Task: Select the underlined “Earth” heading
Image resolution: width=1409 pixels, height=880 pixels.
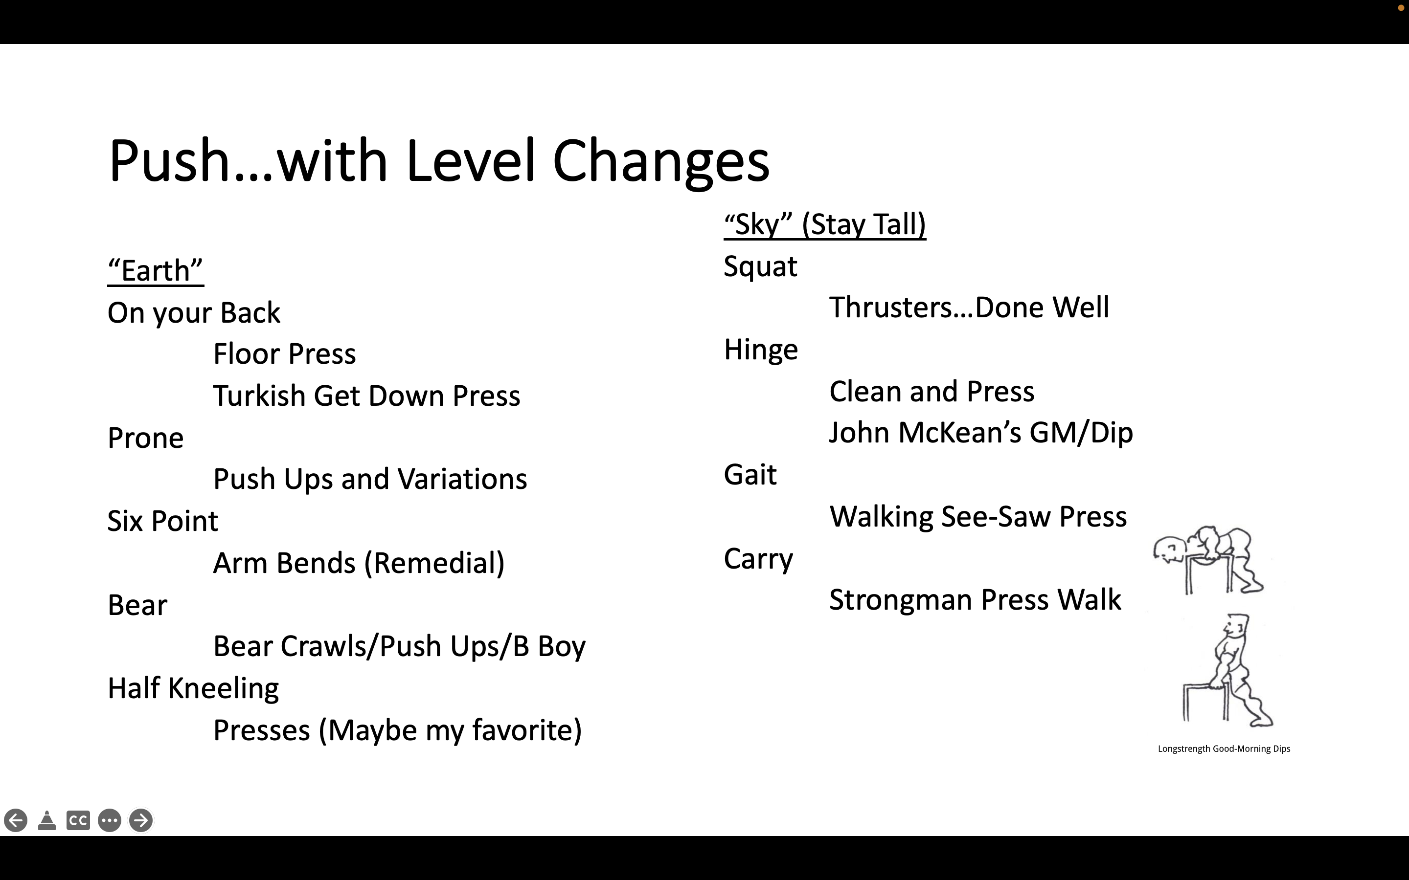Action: [156, 271]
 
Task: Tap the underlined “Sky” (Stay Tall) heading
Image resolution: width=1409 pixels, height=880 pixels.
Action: [824, 225]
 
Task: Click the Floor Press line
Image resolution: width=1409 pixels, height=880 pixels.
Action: [285, 354]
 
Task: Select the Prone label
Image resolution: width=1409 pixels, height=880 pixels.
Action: [146, 438]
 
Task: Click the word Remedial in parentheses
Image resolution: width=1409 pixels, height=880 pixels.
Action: [434, 563]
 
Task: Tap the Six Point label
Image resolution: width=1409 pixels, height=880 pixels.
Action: [163, 521]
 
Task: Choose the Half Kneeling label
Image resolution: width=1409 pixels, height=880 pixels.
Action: [193, 688]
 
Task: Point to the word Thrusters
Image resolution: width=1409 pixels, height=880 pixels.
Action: [901, 308]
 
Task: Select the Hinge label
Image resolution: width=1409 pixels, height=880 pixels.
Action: [761, 350]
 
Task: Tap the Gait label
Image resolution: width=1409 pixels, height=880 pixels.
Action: [750, 475]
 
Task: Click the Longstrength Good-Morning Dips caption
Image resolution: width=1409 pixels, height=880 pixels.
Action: [1224, 749]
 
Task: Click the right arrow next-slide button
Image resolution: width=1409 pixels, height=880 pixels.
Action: [140, 821]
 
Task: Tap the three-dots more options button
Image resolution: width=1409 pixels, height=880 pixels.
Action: [110, 821]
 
